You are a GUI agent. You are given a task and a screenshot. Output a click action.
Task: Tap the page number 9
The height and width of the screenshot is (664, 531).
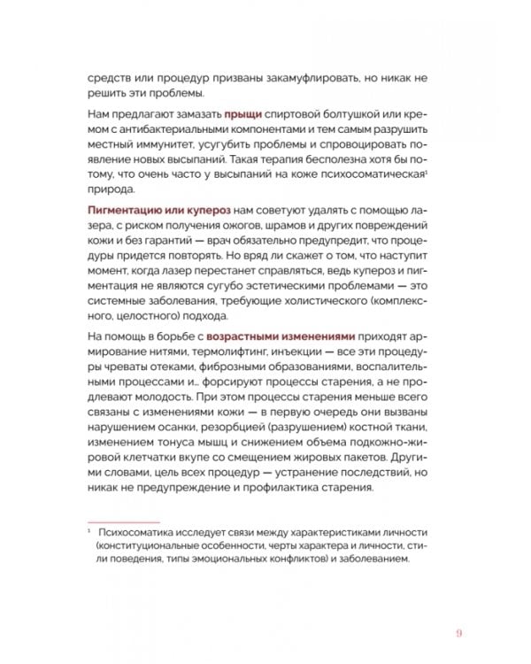tap(459, 631)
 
